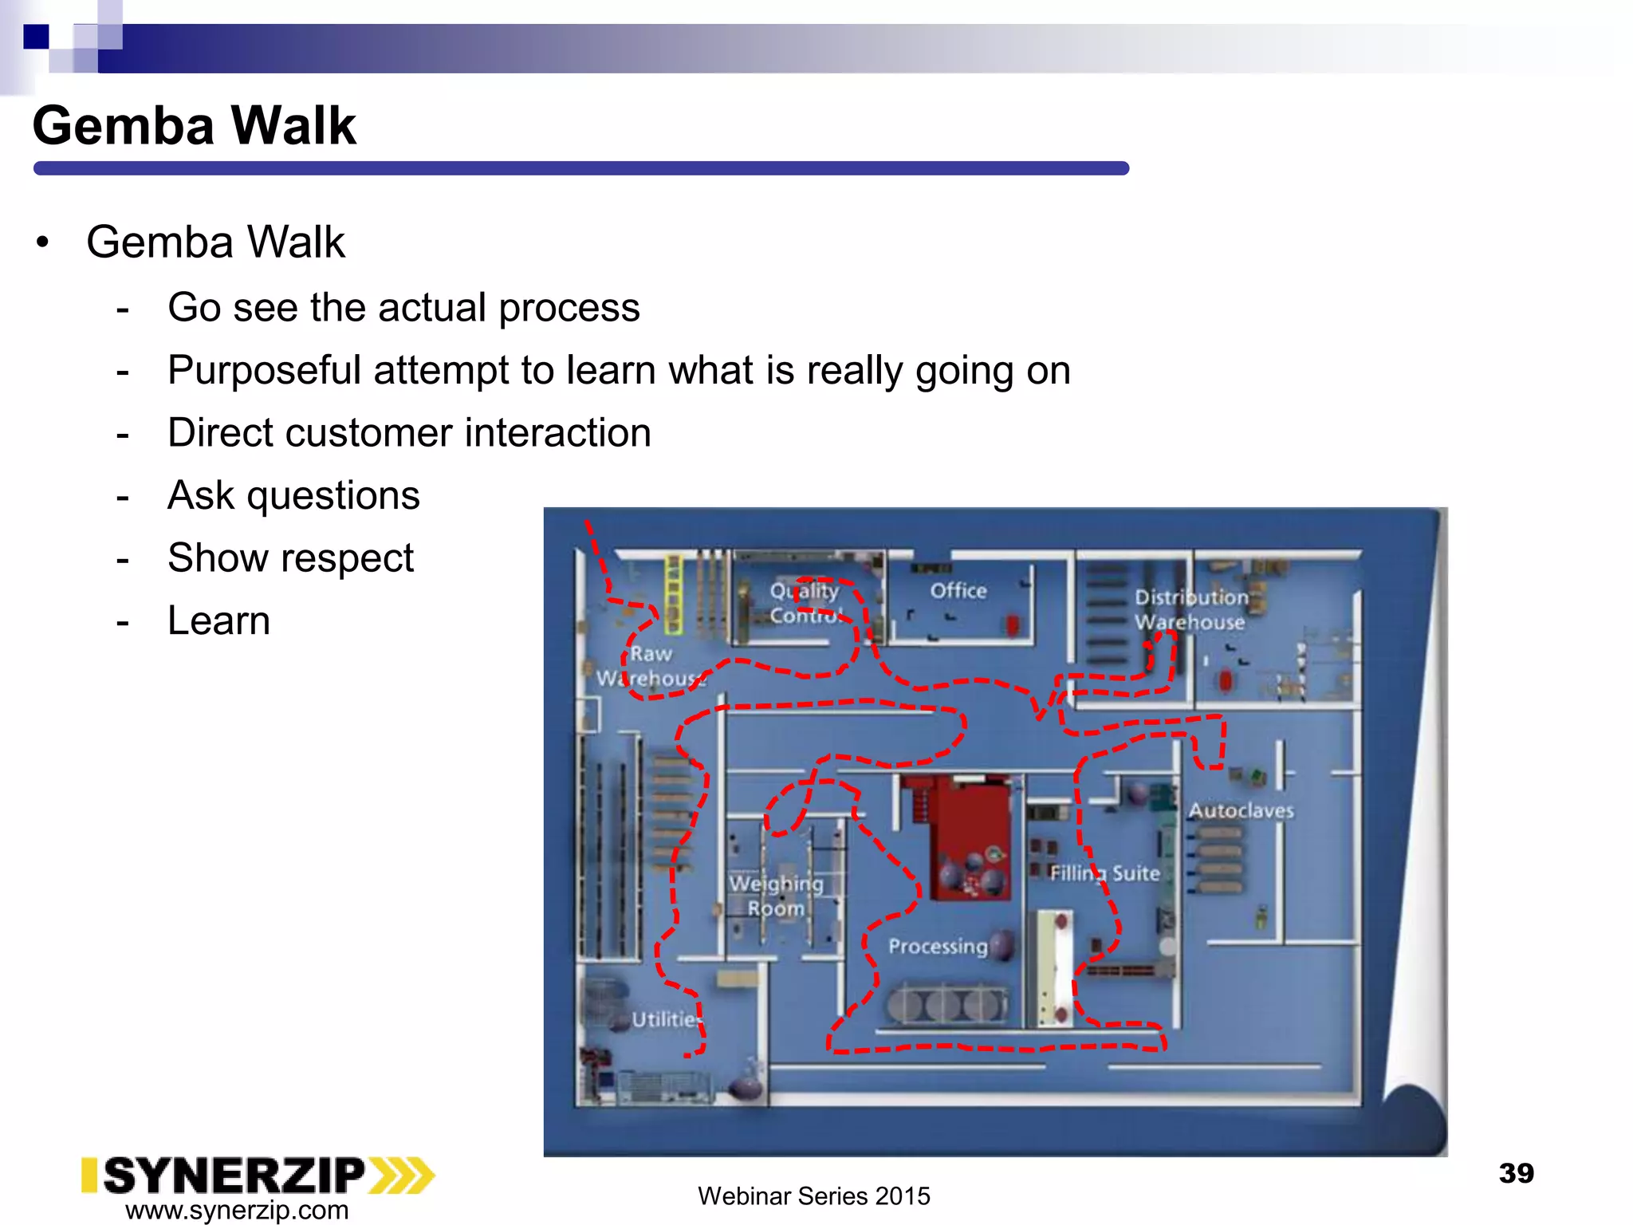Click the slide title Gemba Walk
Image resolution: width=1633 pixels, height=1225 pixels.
tap(194, 126)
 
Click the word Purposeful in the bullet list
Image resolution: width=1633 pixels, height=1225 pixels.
tap(264, 371)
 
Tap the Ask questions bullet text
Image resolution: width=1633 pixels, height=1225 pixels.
tap(293, 495)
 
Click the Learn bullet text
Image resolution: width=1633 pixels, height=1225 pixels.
tap(218, 620)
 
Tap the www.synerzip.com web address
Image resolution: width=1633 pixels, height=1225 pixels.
tap(237, 1210)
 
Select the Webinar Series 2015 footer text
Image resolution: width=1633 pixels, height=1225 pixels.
tap(813, 1195)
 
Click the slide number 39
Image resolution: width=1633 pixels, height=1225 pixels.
tap(1516, 1173)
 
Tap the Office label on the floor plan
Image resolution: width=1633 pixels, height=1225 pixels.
tap(958, 591)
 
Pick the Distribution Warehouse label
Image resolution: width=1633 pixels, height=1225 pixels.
tap(1190, 609)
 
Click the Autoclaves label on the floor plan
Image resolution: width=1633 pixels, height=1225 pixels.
tap(1241, 810)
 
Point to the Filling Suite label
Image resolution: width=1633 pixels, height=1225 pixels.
tap(1104, 873)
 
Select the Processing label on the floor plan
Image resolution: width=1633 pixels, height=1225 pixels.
tap(938, 946)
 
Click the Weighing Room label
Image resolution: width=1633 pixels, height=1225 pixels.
tap(776, 896)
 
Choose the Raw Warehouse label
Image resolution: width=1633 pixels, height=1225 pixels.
tap(650, 666)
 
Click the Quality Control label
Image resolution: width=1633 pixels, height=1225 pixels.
tap(805, 603)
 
